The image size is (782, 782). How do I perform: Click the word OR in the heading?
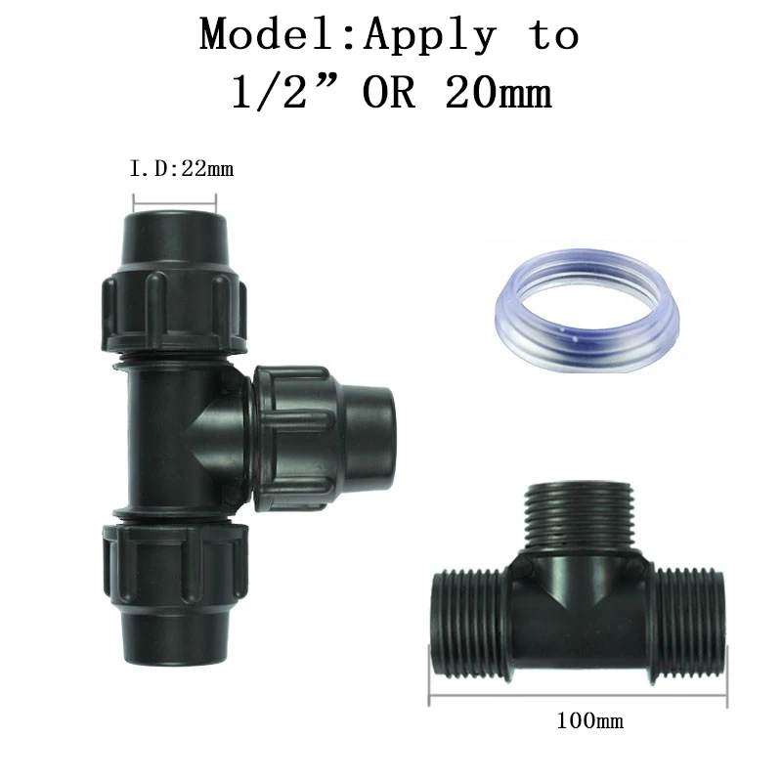[x=389, y=92]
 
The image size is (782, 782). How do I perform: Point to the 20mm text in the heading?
[x=498, y=92]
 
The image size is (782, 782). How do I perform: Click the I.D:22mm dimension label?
[x=182, y=169]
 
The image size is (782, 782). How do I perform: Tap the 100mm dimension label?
[x=589, y=720]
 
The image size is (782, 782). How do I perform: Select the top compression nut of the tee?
[x=174, y=310]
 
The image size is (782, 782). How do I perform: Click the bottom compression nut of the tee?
[x=175, y=565]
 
